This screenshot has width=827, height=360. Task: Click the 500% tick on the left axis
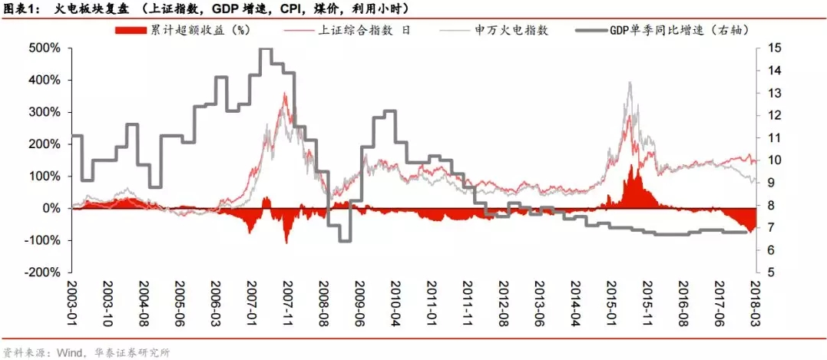coord(45,48)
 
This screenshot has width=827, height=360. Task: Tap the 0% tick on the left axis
coord(51,208)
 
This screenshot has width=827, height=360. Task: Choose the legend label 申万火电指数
coord(511,30)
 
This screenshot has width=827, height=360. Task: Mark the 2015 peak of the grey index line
coord(630,82)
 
